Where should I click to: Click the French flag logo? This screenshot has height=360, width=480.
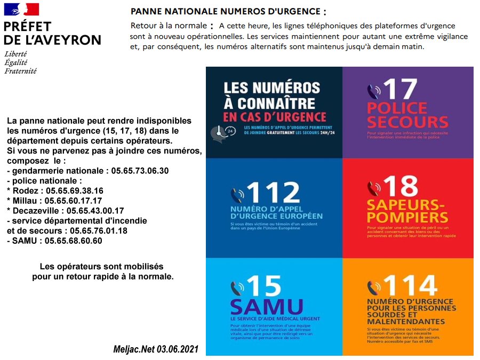(21, 9)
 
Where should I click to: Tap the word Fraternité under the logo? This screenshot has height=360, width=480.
(20, 70)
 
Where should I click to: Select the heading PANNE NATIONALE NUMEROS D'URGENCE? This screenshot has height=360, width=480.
(227, 12)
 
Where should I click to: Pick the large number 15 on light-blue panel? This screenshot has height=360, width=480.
(263, 286)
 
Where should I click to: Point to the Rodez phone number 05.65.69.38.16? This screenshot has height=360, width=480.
(75, 190)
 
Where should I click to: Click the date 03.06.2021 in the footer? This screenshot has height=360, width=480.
(178, 349)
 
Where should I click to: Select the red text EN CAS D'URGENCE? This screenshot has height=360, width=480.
(275, 116)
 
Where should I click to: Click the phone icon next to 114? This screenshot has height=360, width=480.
(373, 287)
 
